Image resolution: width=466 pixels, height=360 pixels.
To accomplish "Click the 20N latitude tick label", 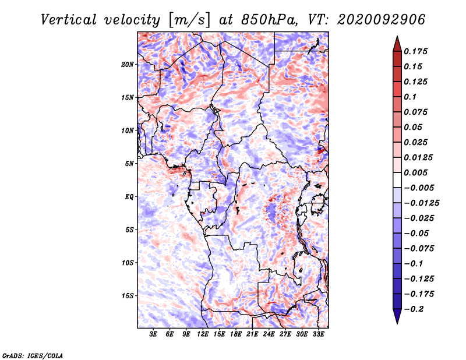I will point(128,64).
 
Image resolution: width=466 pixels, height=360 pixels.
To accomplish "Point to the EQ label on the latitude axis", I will point(129,196).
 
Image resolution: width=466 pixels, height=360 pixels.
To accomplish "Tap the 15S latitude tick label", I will point(128,295).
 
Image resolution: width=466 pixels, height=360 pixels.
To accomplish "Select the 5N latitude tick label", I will point(129,163).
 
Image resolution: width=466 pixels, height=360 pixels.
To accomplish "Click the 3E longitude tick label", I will point(154,334).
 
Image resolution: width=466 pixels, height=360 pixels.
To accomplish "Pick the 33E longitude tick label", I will point(319,334).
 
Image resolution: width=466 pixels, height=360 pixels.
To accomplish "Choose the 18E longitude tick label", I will point(236,334).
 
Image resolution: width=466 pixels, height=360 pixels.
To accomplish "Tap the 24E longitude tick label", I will point(269,334).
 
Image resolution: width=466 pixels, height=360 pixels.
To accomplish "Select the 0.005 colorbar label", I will point(417,172).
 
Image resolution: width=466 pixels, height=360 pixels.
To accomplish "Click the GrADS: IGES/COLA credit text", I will point(32,355).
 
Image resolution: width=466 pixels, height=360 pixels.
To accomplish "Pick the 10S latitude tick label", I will point(128,262).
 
